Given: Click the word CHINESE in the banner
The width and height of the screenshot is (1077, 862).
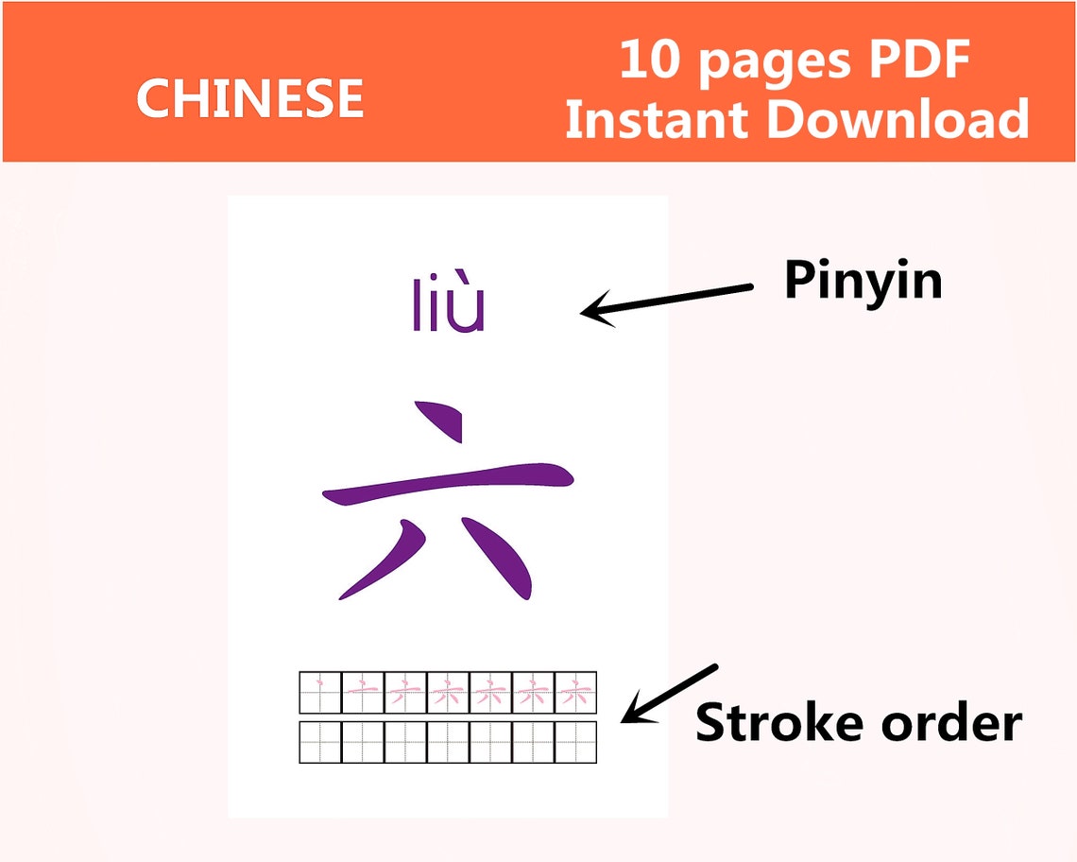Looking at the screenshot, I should coord(250,98).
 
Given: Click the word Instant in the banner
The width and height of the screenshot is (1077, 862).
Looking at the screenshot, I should coord(658,120).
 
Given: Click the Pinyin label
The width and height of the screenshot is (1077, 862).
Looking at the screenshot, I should coord(863,281).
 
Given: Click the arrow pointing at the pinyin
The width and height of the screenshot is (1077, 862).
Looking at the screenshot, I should coord(666,302).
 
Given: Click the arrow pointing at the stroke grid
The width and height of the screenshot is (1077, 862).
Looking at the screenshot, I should coord(670,693).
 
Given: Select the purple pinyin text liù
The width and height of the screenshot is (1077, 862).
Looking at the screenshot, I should coord(449,305).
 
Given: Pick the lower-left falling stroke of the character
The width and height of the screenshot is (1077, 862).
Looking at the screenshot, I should coord(383,562).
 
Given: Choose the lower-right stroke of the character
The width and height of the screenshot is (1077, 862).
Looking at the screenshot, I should coord(501,560).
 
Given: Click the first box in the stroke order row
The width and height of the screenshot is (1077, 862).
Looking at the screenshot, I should coord(319,693).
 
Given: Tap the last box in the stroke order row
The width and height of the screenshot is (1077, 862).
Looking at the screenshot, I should coord(575,693).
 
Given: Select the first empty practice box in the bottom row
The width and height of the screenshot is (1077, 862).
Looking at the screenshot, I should coord(319,742).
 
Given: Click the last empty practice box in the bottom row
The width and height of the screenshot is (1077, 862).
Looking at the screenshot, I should coord(575,742).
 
